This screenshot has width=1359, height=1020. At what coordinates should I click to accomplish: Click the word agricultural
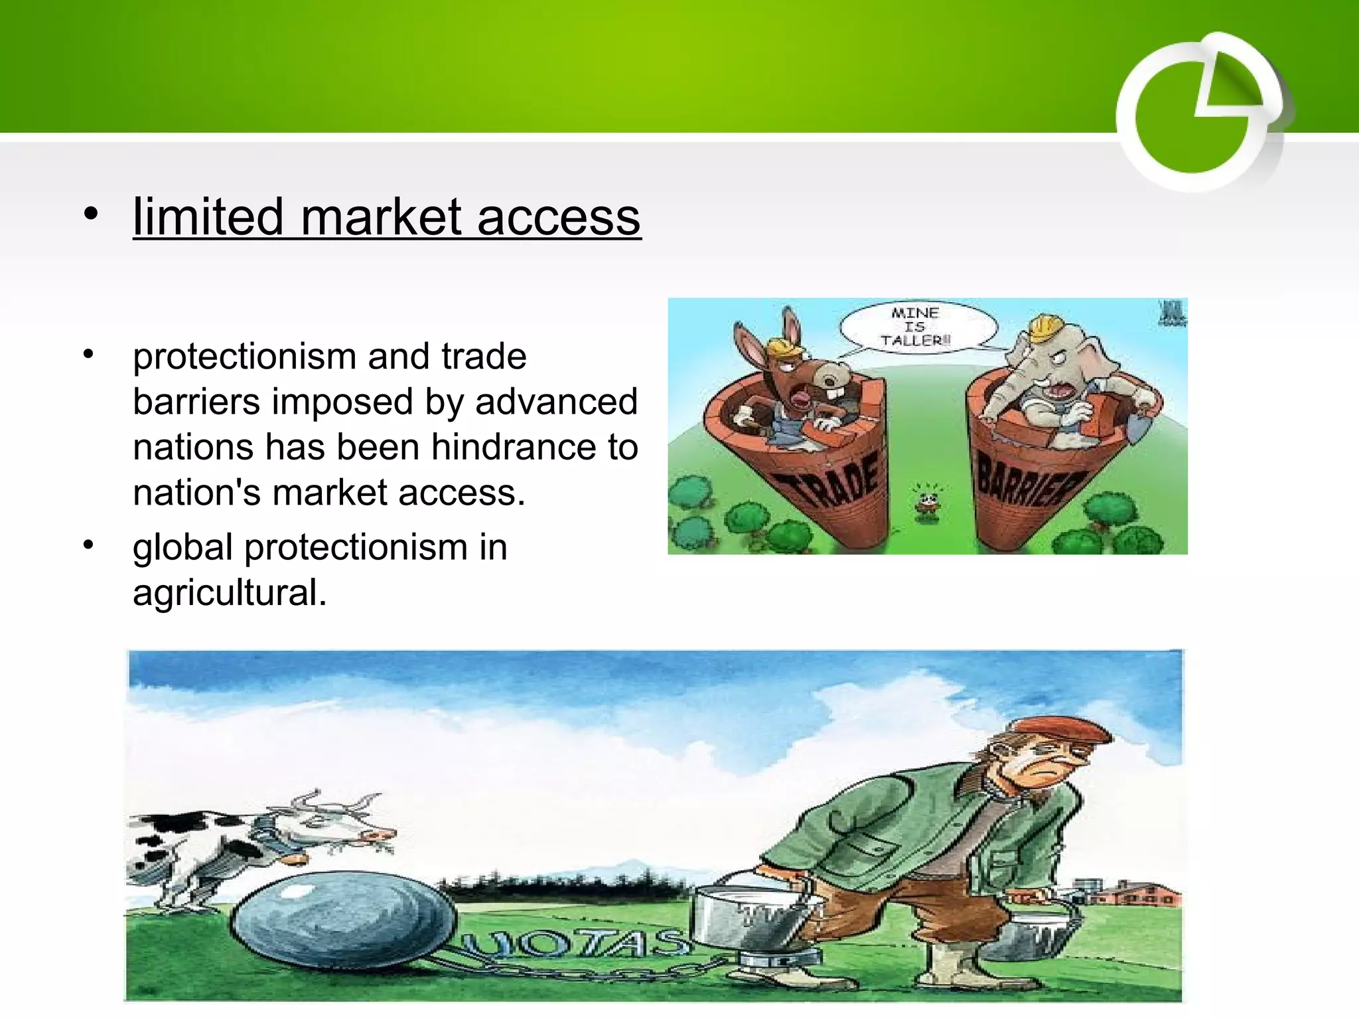229,592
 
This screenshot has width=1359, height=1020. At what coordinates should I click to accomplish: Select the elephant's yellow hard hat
1044,326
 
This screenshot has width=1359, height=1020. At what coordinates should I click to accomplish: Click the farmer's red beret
1055,730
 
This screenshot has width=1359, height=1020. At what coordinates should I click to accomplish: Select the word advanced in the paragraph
556,402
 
